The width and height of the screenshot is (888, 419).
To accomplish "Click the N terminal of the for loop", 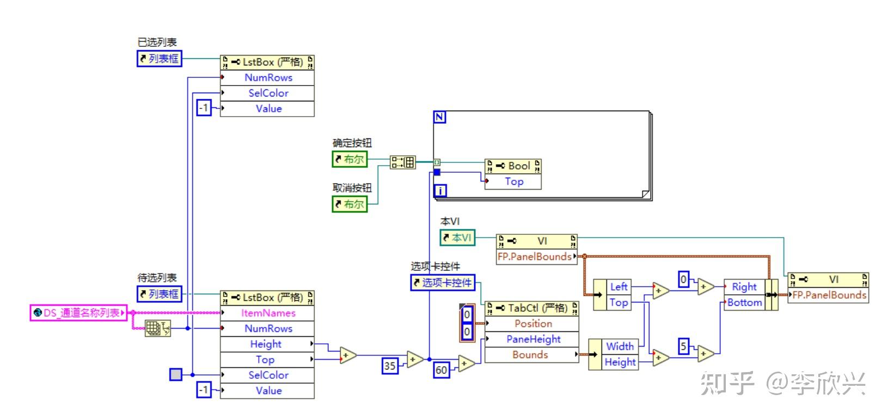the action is [x=439, y=117].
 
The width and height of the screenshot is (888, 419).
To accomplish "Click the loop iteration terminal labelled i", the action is [x=440, y=191].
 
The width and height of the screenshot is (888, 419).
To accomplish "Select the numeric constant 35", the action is [x=390, y=366].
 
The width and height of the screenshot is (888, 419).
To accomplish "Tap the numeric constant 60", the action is [x=442, y=370].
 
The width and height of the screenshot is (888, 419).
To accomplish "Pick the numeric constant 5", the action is [x=683, y=347].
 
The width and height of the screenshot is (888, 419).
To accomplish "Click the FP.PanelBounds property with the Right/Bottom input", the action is [x=829, y=295].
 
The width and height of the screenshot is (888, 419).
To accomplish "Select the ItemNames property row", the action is [x=267, y=313].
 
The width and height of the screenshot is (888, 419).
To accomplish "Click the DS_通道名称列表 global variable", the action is [x=79, y=313].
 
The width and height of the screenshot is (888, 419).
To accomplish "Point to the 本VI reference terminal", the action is [x=457, y=238].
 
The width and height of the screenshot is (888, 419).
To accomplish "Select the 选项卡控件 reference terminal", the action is [x=443, y=282].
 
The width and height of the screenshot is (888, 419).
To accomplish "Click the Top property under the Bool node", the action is [x=513, y=181].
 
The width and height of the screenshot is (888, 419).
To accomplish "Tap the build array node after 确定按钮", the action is [x=403, y=162].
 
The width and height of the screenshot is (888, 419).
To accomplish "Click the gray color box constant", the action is [x=176, y=374].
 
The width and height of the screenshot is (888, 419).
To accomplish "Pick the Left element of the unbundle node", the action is [x=618, y=287].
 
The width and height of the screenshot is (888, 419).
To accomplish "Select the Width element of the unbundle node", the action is [x=620, y=347].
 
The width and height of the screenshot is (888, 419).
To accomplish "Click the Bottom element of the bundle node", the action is [x=744, y=302].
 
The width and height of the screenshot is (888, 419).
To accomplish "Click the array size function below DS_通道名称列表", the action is [x=158, y=328].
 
